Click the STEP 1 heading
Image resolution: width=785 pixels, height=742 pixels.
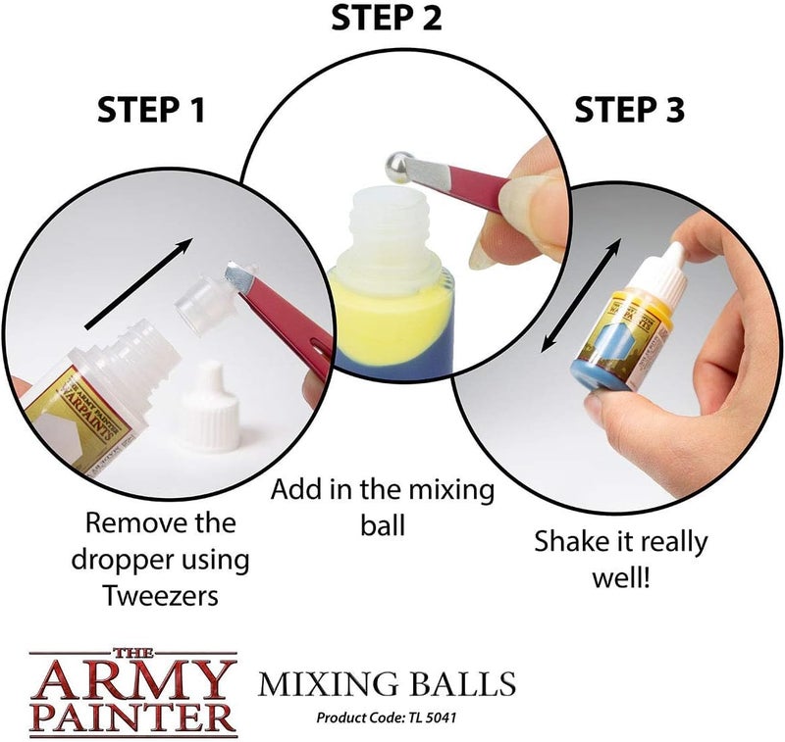point(151,109)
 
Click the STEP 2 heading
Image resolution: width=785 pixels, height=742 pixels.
point(387,18)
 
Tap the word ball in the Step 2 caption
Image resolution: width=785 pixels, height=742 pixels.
point(383,526)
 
